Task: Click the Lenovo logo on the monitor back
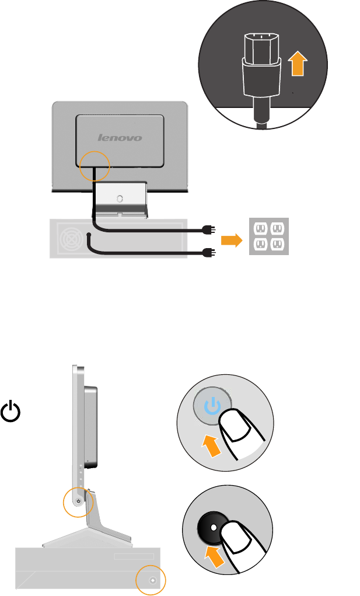tap(120, 138)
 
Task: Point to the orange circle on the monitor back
tap(94, 166)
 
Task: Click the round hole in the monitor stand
tap(120, 198)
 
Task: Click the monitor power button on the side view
tap(78, 500)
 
